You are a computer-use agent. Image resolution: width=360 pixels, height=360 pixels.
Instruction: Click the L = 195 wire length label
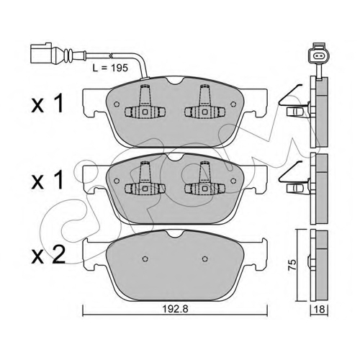[x=110, y=68]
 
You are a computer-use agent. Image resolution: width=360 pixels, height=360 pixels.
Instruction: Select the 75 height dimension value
[x=292, y=265]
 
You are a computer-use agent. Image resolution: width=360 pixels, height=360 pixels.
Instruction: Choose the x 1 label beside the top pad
[x=48, y=104]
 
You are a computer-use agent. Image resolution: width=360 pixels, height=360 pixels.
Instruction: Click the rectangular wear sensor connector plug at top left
[x=41, y=53]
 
